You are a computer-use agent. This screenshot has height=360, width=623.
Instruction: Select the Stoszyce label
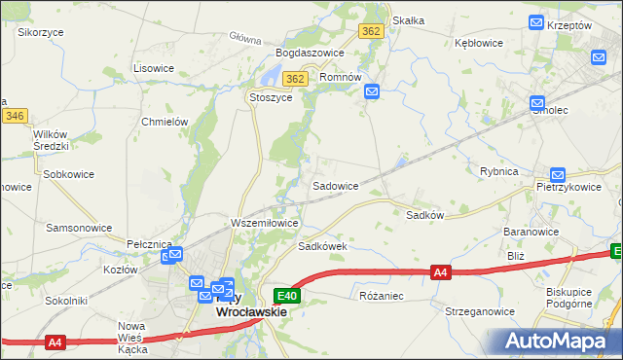[x=271, y=97]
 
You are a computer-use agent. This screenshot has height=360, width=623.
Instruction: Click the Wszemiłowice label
[x=264, y=223]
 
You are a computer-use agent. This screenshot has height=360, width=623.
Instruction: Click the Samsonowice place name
[x=79, y=227]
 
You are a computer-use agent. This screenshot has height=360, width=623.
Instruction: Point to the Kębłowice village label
[x=478, y=43]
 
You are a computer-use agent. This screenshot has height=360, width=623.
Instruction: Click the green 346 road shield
[x=14, y=116]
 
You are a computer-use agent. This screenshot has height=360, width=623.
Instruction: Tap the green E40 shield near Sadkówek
[x=286, y=295]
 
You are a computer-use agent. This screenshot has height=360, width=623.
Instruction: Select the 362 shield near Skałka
[x=370, y=31]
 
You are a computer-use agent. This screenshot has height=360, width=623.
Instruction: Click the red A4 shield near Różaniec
[x=441, y=273]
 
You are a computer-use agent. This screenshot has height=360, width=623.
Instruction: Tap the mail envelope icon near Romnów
[x=372, y=92]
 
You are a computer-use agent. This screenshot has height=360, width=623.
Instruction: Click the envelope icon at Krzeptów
[x=535, y=21]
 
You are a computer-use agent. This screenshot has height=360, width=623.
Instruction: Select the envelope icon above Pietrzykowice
[x=558, y=174]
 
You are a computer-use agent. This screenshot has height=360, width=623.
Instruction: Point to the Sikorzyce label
[x=41, y=31]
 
